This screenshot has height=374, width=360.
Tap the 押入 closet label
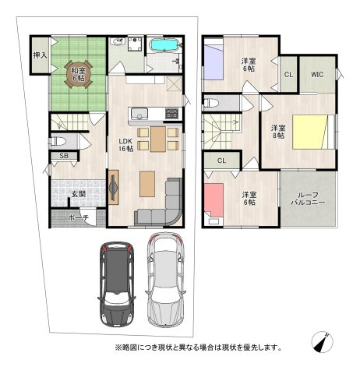(40, 56)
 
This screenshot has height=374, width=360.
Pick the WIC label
(317, 75)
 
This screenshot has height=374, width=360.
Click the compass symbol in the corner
(324, 340)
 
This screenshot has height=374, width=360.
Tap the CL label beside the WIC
(288, 76)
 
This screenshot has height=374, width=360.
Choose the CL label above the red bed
(222, 161)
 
